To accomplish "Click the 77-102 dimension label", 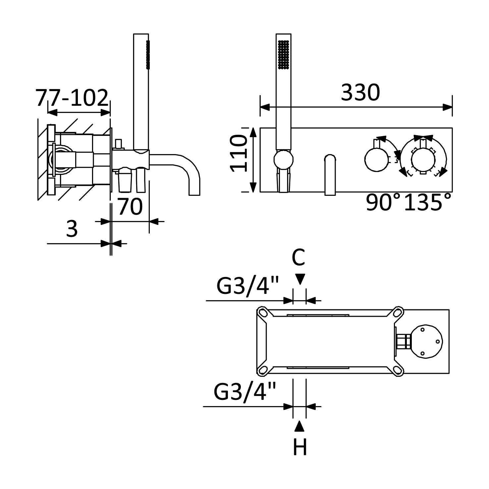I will click(72, 98).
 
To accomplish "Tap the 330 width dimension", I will click(360, 93).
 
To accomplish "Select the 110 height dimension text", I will click(239, 153).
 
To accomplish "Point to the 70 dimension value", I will click(130, 207).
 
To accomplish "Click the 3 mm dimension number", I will click(72, 229).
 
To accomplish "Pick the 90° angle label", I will click(383, 202).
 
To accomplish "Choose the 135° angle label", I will click(428, 202).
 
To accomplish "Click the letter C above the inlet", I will click(299, 257).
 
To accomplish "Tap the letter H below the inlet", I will click(300, 448).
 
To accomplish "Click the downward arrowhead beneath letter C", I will click(300, 279).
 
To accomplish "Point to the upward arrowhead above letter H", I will click(299, 426).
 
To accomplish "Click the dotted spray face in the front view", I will click(284, 55).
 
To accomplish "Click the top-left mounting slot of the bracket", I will click(263, 313).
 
